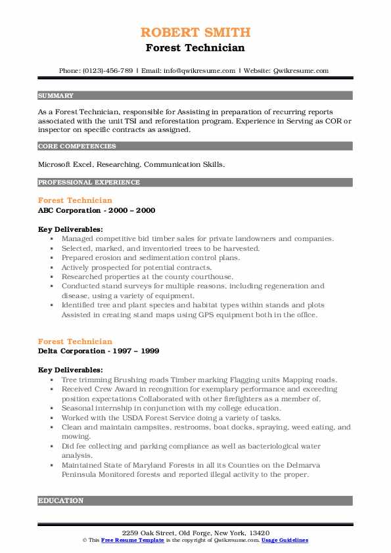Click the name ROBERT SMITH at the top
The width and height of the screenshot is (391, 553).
(x=195, y=32)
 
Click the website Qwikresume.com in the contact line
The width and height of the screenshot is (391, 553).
(x=302, y=70)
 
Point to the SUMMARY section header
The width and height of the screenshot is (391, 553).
(x=56, y=96)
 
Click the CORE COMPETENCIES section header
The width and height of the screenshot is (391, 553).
(x=77, y=146)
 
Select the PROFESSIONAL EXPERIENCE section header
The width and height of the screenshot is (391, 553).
(x=89, y=183)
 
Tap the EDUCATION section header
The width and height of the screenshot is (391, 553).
(x=61, y=501)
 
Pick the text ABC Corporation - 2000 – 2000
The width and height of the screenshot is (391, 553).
(x=97, y=210)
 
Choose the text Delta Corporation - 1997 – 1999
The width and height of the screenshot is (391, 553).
(x=99, y=351)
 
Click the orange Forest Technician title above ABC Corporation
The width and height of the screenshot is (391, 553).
(x=75, y=200)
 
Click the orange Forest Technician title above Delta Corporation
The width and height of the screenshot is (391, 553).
(x=75, y=342)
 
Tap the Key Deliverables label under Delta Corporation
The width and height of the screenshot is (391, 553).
(x=70, y=370)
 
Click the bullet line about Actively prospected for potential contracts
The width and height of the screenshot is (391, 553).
(x=137, y=267)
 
